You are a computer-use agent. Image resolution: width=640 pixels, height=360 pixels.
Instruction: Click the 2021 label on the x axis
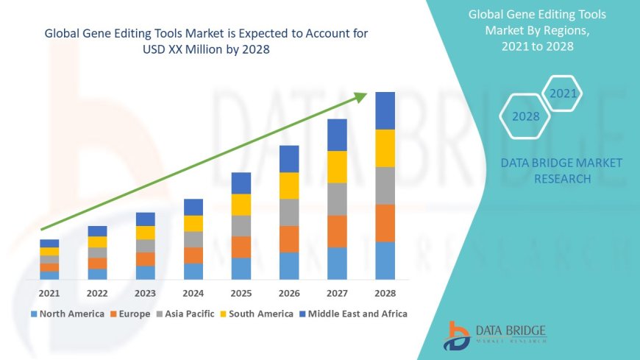click(49, 293)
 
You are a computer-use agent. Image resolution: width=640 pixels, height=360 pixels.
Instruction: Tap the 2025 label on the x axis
click(241, 293)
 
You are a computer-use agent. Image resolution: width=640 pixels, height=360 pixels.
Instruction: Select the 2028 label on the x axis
click(385, 293)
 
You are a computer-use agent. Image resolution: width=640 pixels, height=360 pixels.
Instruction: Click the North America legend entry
click(68, 314)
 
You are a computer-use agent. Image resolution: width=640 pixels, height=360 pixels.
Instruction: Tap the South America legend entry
click(257, 314)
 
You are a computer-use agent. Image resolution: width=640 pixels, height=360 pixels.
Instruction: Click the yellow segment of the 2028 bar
click(385, 148)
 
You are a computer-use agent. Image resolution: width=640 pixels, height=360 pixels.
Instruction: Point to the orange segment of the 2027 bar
click(337, 231)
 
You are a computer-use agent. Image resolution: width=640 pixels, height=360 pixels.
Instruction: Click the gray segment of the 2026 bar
click(289, 212)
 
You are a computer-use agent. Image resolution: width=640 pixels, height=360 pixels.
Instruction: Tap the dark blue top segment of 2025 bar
click(241, 183)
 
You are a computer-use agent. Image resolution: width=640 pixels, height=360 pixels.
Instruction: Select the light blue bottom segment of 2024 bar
click(193, 272)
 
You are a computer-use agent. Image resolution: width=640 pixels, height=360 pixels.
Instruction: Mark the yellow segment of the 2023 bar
click(146, 233)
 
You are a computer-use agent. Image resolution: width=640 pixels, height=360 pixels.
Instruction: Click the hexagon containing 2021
click(563, 94)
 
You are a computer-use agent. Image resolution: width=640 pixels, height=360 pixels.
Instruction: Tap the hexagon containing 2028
click(526, 116)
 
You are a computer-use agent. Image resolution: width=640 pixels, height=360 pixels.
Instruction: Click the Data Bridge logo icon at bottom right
click(457, 336)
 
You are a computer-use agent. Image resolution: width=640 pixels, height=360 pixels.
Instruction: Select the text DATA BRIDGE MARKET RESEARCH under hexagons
click(561, 170)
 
